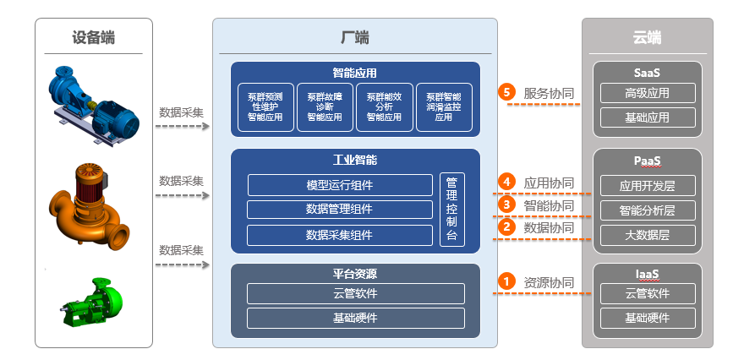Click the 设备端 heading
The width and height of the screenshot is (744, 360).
click(93, 37)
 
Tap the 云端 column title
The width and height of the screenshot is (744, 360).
click(647, 37)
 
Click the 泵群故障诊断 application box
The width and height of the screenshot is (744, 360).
click(325, 107)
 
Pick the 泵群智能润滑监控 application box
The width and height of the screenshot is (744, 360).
click(444, 107)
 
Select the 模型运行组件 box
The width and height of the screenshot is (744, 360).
click(339, 185)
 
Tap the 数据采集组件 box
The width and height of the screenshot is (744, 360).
click(339, 235)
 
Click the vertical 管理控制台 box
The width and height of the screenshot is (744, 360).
click(451, 210)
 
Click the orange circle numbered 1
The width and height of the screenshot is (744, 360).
click(507, 282)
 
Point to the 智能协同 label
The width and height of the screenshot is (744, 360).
click(549, 205)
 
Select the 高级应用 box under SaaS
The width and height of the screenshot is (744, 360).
click(647, 93)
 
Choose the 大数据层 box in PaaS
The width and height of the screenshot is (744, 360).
click(647, 235)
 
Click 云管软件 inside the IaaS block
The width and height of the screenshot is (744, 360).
click(647, 293)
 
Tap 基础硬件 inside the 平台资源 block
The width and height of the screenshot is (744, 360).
click(355, 318)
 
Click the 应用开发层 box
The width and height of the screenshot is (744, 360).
click(647, 185)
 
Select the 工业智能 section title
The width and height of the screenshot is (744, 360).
click(355, 160)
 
